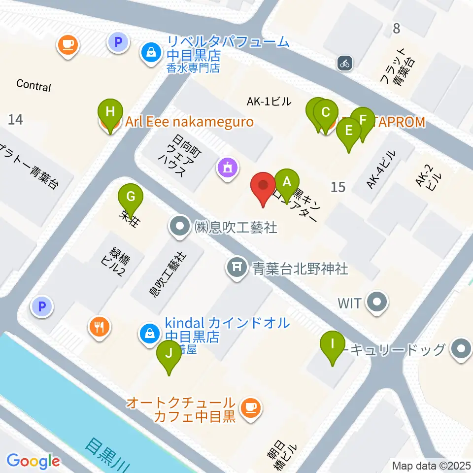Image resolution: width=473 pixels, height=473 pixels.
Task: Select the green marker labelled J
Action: (x=169, y=354)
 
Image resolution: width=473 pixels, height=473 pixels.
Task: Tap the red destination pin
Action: (x=263, y=186)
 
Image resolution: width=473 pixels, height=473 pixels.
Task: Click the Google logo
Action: (x=34, y=461)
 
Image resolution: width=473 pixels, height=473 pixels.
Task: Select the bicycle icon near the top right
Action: (x=345, y=63)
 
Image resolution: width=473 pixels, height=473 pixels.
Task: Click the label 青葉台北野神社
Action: (x=301, y=269)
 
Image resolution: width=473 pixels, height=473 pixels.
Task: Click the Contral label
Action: (x=34, y=85)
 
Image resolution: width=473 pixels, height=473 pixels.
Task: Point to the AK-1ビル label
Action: (x=269, y=102)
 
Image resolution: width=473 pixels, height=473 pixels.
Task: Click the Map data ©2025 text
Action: (x=432, y=465)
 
